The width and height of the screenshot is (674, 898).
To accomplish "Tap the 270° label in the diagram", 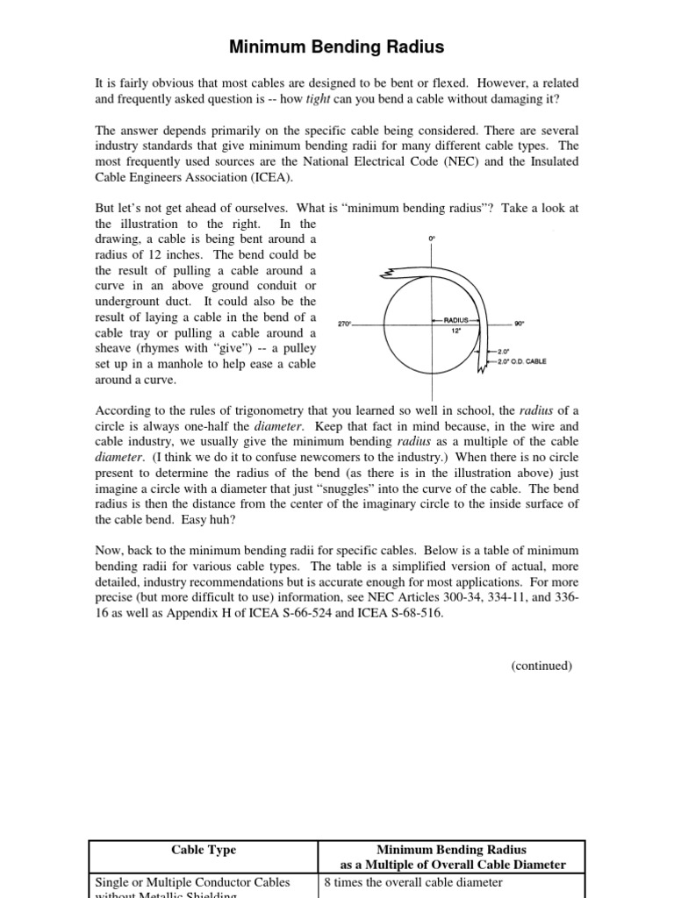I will click(345, 324).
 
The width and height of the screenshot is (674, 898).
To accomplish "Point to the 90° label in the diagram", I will click(519, 324).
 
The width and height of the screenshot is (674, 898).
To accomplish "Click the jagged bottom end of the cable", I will click(480, 367).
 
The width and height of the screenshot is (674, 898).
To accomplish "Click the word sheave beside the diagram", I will click(116, 349).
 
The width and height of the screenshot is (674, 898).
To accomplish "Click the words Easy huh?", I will click(209, 519).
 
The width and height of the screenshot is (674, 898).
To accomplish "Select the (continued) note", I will click(541, 666).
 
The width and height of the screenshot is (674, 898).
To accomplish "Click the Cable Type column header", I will click(204, 850).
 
